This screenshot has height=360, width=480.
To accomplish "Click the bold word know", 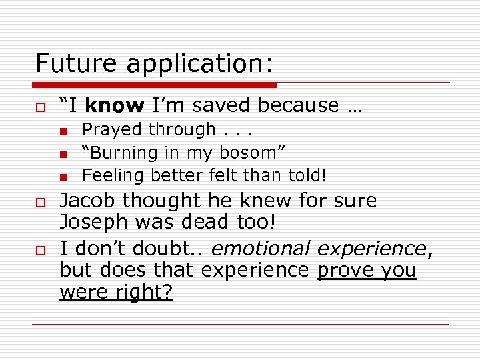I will (115, 105).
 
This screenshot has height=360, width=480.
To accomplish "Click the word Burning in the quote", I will (123, 153).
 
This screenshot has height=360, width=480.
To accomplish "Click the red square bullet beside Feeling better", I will (63, 177).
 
